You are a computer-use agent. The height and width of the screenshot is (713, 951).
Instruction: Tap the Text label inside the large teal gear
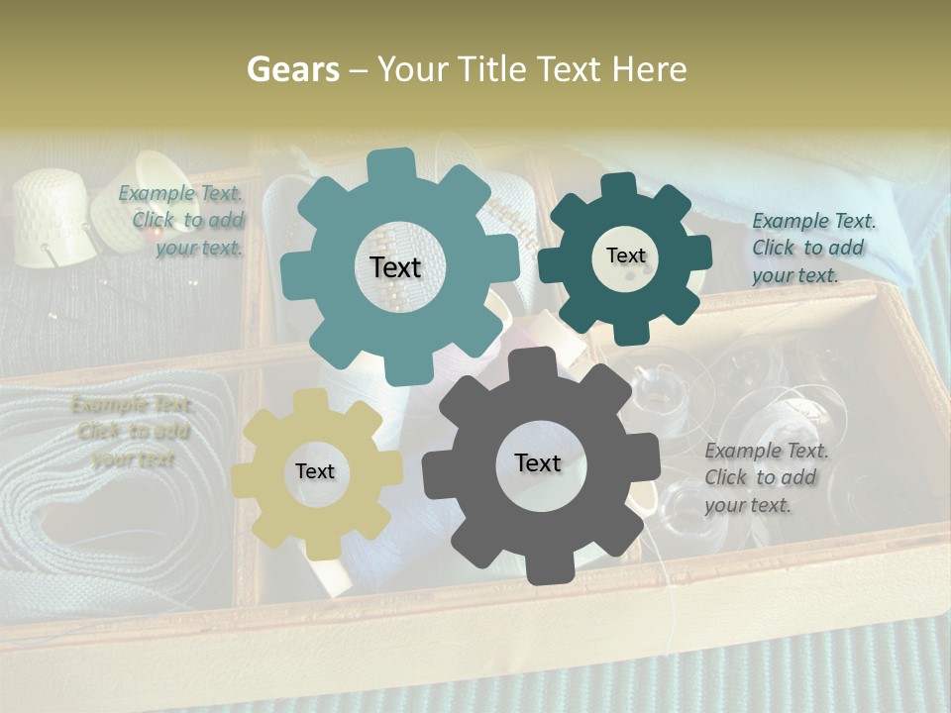click(x=395, y=267)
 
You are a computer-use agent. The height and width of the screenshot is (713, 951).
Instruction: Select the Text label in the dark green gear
click(x=625, y=255)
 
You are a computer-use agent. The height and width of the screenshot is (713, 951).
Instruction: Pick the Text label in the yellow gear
click(x=315, y=472)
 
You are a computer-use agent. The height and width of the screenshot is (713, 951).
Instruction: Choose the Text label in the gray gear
click(x=538, y=462)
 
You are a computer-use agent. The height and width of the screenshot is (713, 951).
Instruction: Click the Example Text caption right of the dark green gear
click(x=812, y=248)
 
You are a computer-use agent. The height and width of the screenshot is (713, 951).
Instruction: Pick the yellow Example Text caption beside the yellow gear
click(x=132, y=432)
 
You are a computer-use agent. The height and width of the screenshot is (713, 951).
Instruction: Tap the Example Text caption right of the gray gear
click(x=765, y=477)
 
